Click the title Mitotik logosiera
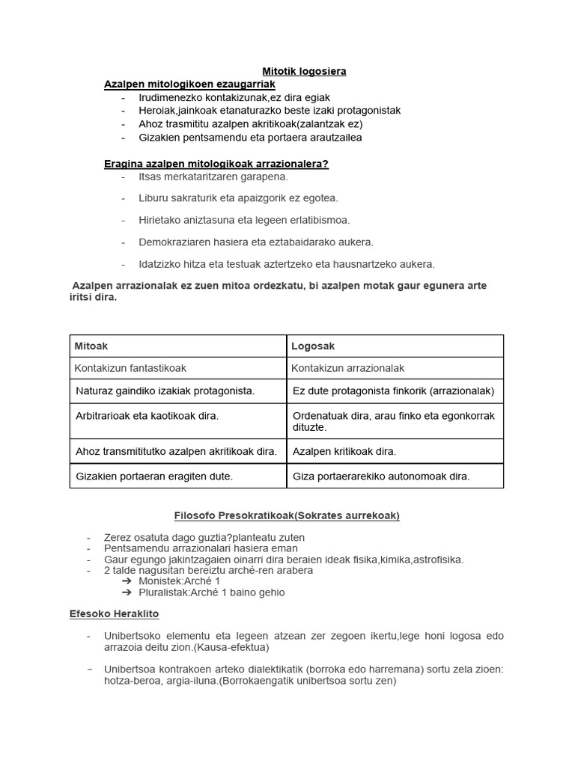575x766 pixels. click(304, 71)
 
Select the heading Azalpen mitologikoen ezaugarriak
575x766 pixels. click(190, 85)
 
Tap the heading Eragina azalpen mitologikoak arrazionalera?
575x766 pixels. click(216, 164)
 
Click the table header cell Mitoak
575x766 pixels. click(91, 346)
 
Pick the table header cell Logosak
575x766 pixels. click(313, 346)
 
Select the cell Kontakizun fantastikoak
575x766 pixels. click(130, 368)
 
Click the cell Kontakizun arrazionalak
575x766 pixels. click(347, 368)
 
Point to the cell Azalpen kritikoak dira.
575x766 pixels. click(344, 451)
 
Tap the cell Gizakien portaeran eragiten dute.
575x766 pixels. click(154, 476)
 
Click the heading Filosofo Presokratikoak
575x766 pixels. click(287, 515)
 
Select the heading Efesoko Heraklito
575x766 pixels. click(115, 613)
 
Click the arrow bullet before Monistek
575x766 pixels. click(127, 580)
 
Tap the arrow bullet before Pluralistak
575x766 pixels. click(127, 592)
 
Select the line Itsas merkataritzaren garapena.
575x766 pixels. click(213, 177)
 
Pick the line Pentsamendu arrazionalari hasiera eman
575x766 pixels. click(201, 548)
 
